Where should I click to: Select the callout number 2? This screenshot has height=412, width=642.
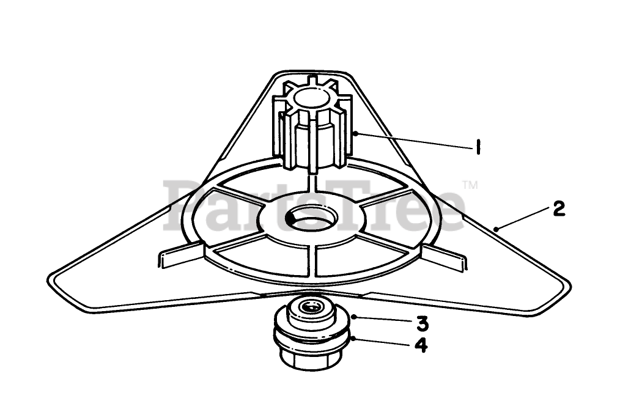[558, 209]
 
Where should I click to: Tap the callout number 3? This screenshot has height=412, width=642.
[421, 322]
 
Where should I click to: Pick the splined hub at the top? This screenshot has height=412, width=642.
[312, 128]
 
